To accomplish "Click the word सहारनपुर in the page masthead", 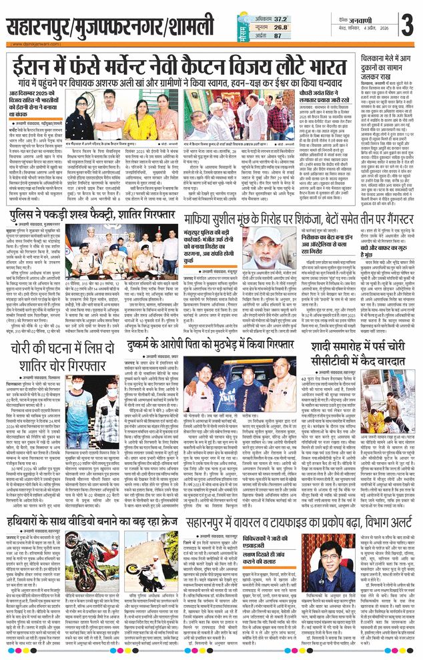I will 40,28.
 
